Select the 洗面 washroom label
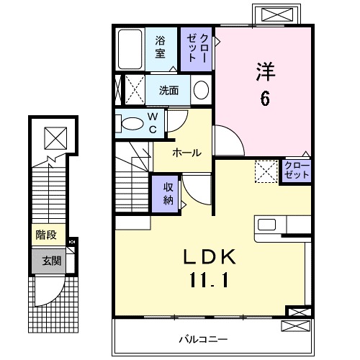[x=169, y=91]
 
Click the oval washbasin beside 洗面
[x=202, y=91]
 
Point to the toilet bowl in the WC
[x=133, y=124]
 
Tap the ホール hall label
[x=186, y=152]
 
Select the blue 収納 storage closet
[x=167, y=192]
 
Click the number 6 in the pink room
[x=265, y=99]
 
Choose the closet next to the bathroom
[x=197, y=48]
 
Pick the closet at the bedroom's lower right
[x=295, y=171]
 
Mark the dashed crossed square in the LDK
[x=266, y=171]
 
